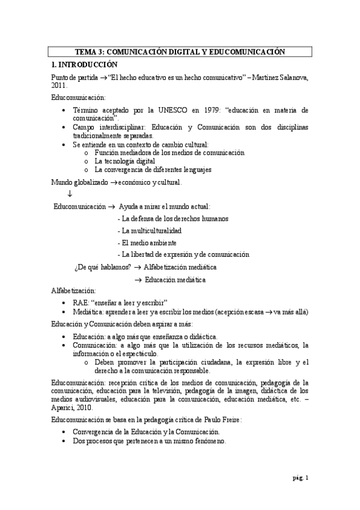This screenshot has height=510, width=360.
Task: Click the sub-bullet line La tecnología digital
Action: click(125, 161)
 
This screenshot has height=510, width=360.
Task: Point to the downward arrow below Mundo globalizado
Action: click(70, 194)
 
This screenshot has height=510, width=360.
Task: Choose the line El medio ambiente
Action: click(148, 242)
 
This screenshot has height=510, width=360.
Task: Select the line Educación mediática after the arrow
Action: click(175, 280)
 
